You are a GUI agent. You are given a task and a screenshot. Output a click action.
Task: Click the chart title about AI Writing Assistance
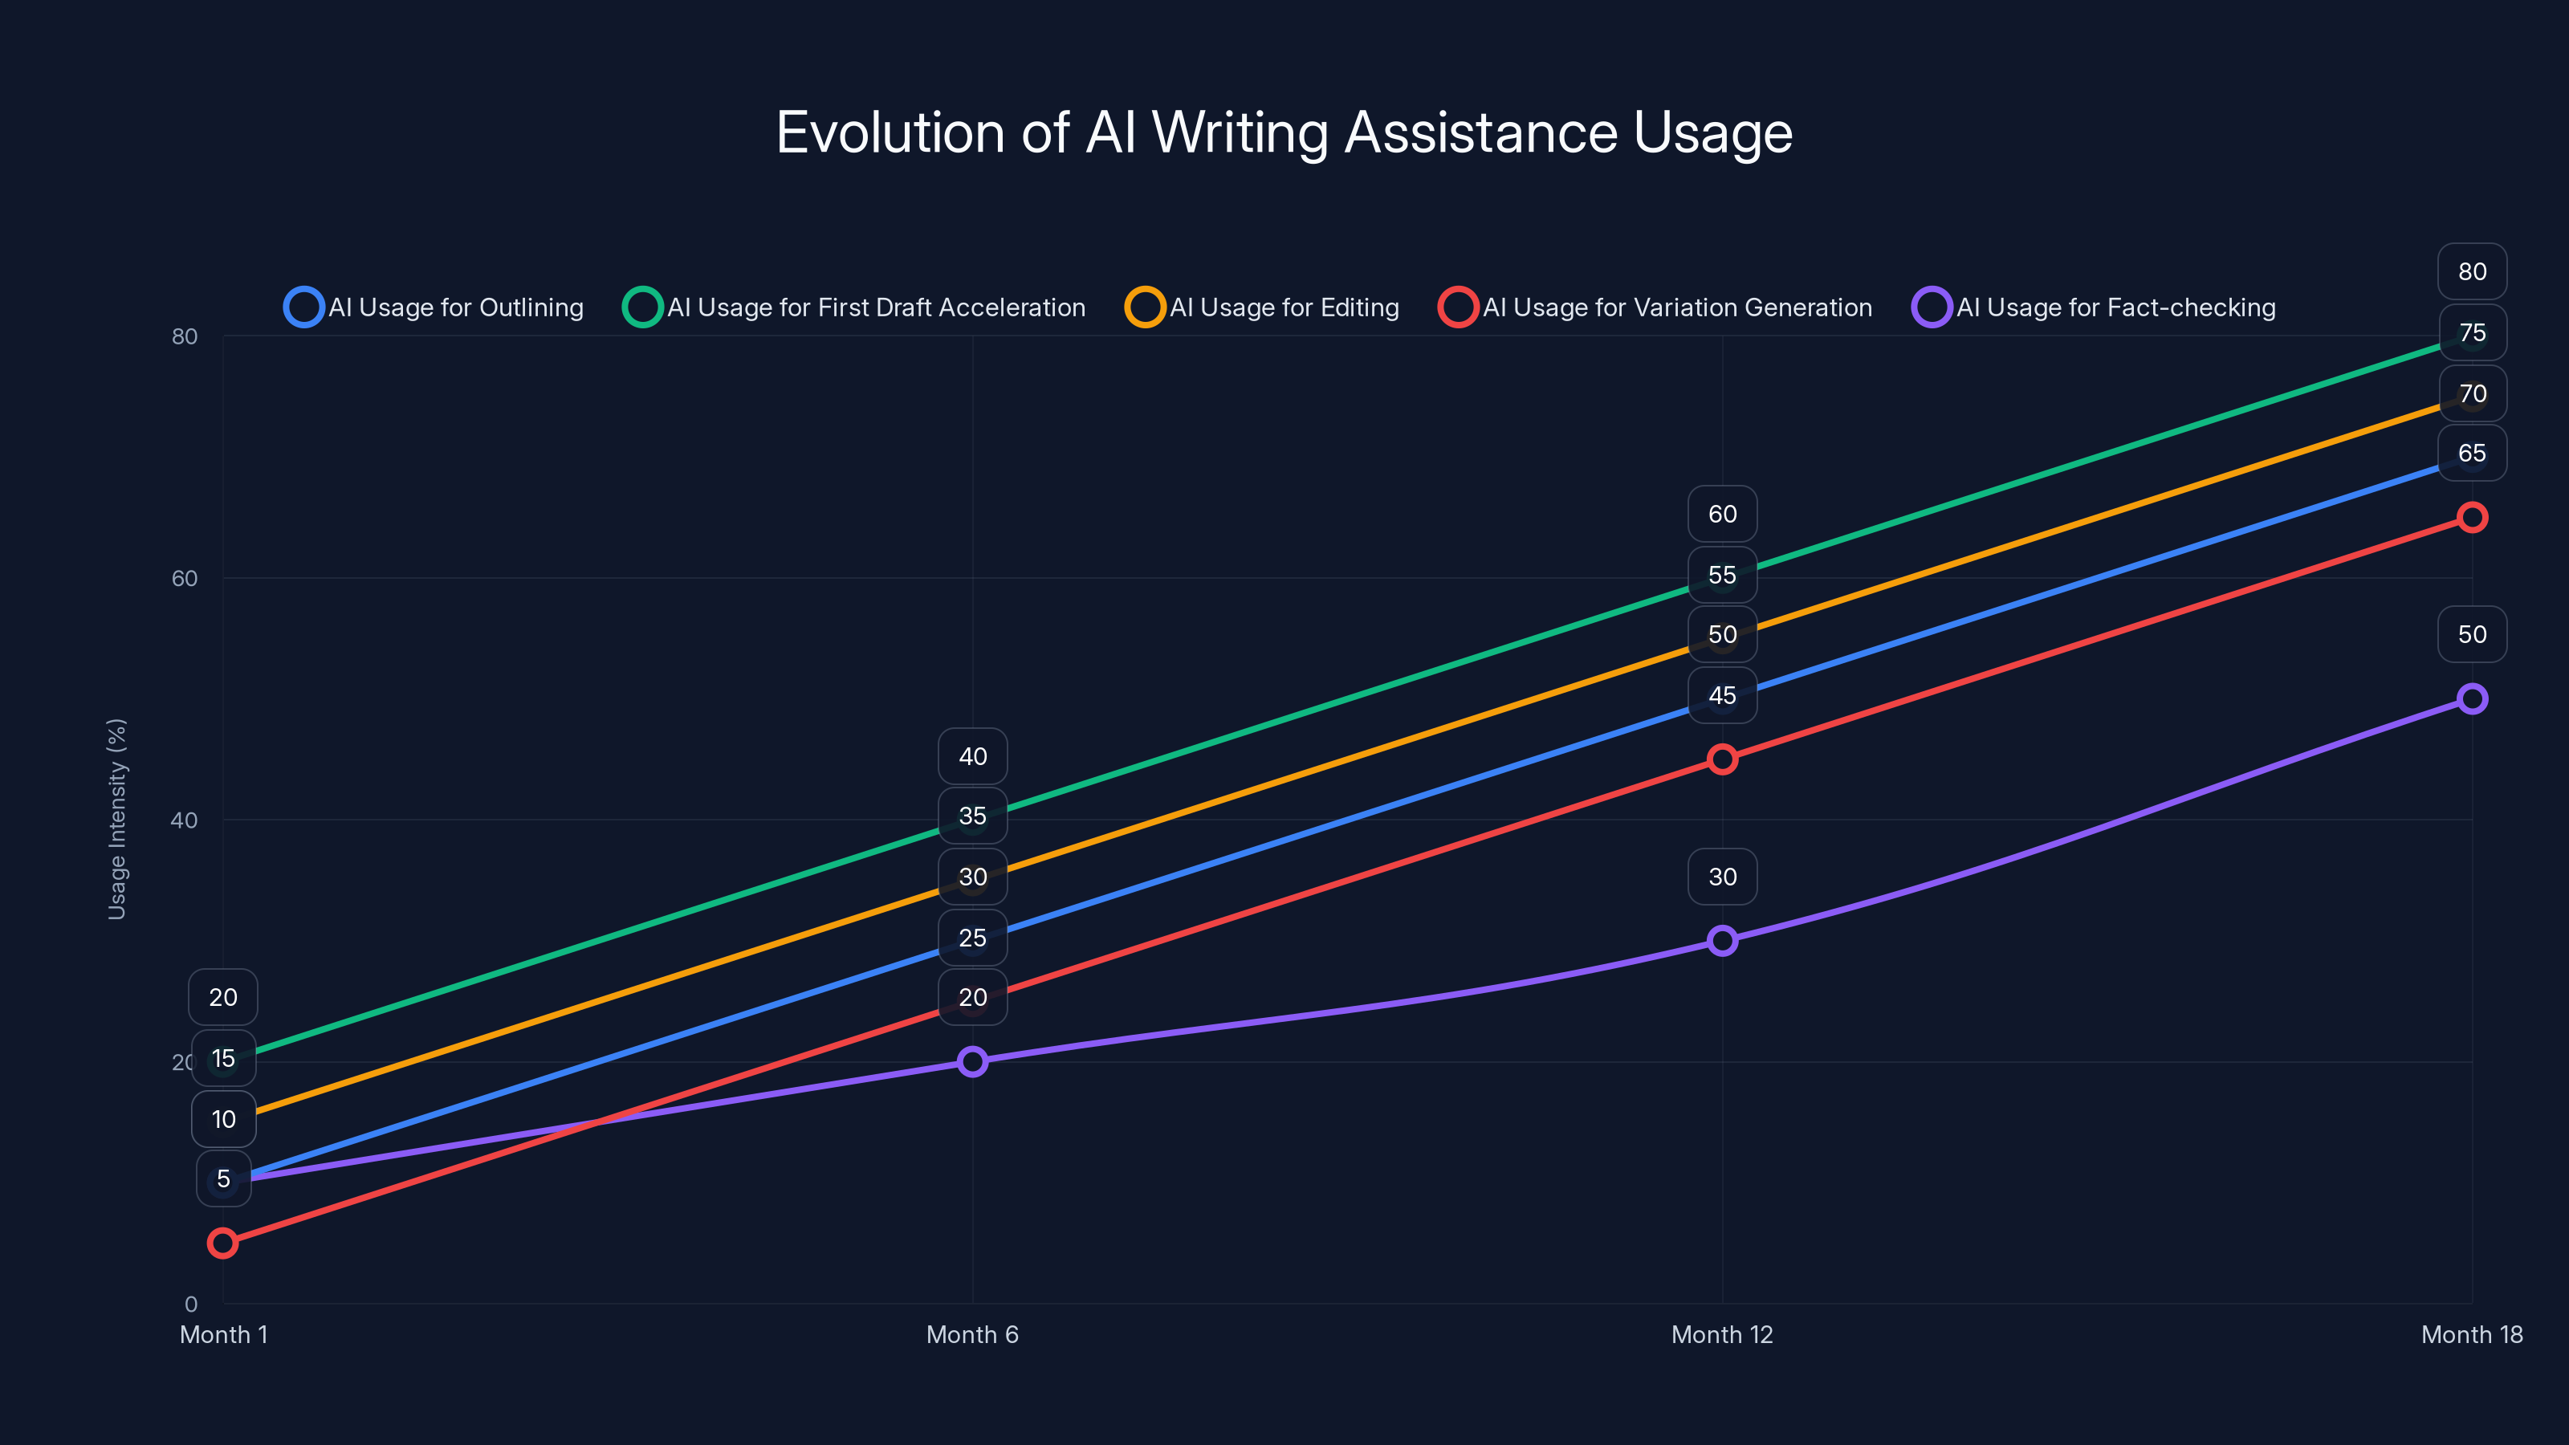click(x=1284, y=132)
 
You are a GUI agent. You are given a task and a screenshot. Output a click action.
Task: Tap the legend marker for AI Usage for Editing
click(x=1145, y=307)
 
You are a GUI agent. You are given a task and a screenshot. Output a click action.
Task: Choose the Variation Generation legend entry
click(x=1655, y=307)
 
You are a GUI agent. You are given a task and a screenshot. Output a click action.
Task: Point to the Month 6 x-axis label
click(x=972, y=1334)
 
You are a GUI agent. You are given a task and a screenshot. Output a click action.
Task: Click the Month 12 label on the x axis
click(x=1722, y=1334)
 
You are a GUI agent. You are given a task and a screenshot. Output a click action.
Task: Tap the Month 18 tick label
click(x=2471, y=1334)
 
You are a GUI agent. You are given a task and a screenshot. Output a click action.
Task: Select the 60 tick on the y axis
click(x=185, y=578)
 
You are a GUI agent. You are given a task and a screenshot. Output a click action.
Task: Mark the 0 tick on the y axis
click(x=190, y=1304)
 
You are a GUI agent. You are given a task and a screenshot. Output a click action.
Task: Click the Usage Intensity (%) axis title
click(x=116, y=819)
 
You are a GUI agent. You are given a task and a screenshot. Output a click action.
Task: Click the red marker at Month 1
click(x=222, y=1243)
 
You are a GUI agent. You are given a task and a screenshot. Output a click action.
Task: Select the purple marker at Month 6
click(x=972, y=1061)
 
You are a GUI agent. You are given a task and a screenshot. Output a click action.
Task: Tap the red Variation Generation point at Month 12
click(x=1722, y=759)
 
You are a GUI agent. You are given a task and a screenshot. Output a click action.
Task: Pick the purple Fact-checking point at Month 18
click(x=2471, y=698)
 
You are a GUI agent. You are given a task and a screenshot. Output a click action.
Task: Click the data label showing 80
click(x=2471, y=271)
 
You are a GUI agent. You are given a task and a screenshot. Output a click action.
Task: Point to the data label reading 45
click(x=1722, y=695)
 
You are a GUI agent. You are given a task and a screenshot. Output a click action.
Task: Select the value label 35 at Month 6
click(x=972, y=816)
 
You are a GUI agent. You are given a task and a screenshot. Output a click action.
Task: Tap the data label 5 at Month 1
click(x=223, y=1178)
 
